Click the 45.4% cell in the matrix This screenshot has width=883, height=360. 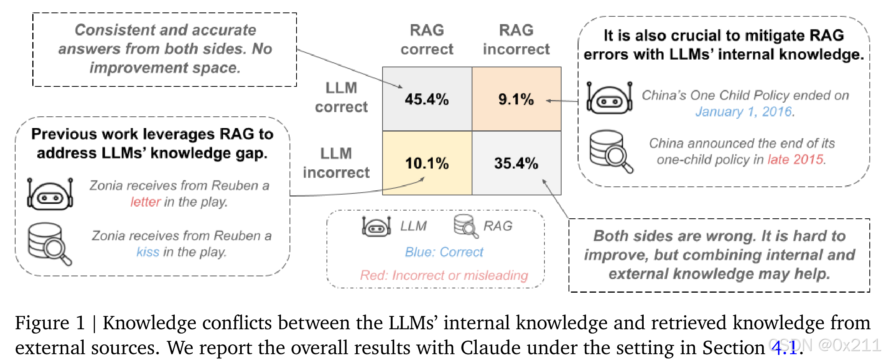(427, 99)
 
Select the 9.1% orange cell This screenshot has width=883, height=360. (516, 99)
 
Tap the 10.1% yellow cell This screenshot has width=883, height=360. (427, 163)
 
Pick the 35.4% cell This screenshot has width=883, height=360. (516, 163)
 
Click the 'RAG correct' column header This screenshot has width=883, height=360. (427, 40)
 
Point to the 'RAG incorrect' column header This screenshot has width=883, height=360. (516, 40)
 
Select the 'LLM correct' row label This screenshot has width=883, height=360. (341, 97)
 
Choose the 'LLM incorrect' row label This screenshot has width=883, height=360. (336, 163)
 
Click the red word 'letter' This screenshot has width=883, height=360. (145, 202)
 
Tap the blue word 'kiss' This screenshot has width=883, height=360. (148, 252)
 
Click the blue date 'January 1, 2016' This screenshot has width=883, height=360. (744, 112)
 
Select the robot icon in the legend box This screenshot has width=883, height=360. (376, 226)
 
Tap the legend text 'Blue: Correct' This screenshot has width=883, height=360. (444, 252)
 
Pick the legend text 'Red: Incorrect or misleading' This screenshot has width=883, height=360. (444, 276)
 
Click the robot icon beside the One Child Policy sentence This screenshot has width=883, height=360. (609, 98)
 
